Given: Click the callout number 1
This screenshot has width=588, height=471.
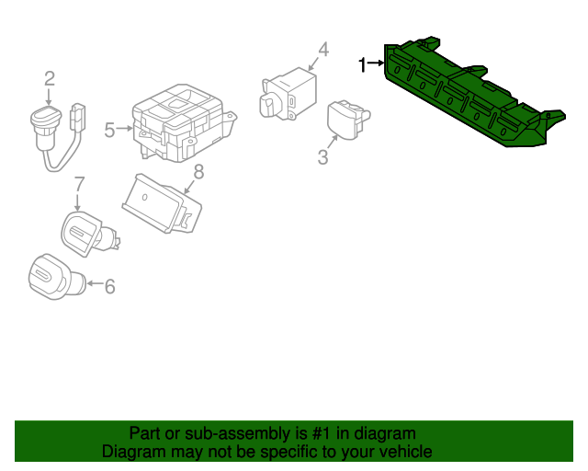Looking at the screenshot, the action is (x=362, y=64).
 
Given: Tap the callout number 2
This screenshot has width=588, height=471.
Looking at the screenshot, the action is (x=50, y=79).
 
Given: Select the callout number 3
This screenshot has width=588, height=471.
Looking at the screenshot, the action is (x=322, y=157).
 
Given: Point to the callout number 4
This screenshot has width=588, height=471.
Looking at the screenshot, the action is (x=323, y=50).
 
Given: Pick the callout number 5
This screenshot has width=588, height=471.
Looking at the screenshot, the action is (x=109, y=130).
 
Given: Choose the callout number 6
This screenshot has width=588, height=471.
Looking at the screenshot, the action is (x=109, y=287).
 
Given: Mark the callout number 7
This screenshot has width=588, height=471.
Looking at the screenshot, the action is (x=80, y=184).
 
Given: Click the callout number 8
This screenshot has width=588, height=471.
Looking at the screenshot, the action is (x=198, y=172).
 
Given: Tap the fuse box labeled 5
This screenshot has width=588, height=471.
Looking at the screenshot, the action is (x=184, y=123).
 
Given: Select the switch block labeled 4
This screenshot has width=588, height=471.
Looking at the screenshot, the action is (x=288, y=94).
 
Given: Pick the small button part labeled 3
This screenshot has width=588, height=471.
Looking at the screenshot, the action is (x=348, y=120).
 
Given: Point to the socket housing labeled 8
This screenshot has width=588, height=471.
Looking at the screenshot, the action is (x=162, y=202).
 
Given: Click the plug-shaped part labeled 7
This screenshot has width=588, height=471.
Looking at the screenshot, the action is (x=89, y=234).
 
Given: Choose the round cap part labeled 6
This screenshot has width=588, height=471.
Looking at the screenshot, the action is (x=56, y=277).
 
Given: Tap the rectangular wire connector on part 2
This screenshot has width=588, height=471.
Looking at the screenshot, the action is (x=78, y=117).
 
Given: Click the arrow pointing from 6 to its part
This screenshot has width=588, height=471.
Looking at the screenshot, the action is (x=95, y=283).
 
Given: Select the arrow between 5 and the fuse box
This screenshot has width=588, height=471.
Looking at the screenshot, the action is (x=124, y=129).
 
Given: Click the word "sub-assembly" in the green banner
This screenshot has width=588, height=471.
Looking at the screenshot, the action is (x=238, y=434).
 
